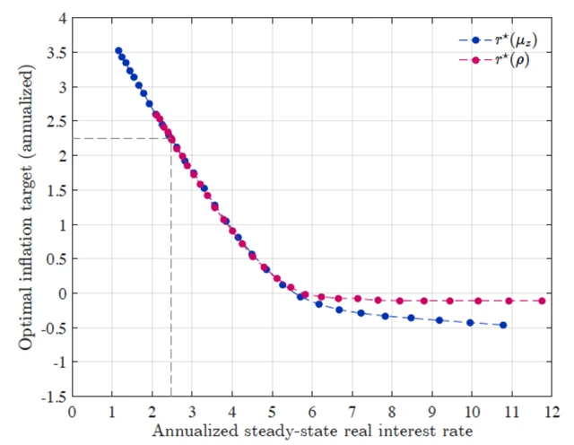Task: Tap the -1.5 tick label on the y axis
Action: click(x=54, y=396)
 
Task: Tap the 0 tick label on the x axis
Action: click(x=73, y=410)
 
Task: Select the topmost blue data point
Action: click(x=117, y=51)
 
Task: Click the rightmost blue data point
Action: click(x=503, y=325)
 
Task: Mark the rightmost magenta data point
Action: click(x=543, y=301)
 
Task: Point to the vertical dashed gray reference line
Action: click(x=171, y=269)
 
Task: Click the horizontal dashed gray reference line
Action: click(x=121, y=138)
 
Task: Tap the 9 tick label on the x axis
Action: click(x=431, y=410)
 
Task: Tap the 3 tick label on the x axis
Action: click(x=192, y=410)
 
